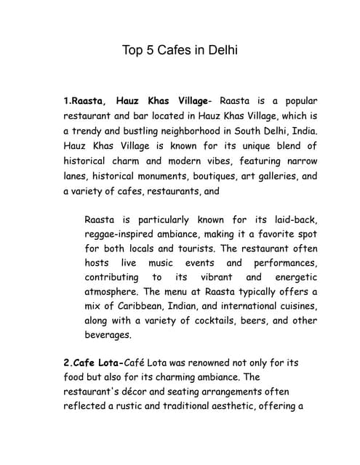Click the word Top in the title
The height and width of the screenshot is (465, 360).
click(x=133, y=51)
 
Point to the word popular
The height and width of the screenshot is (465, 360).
click(x=295, y=100)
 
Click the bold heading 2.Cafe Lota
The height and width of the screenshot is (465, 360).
click(x=94, y=362)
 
